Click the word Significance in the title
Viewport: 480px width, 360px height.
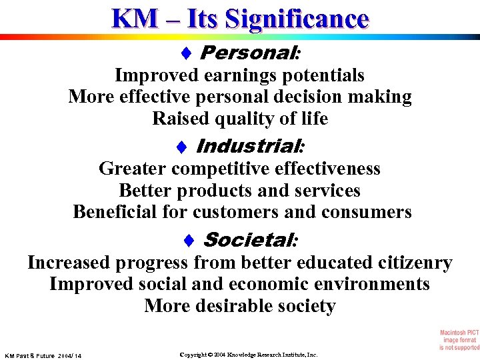pyautogui.click(x=297, y=18)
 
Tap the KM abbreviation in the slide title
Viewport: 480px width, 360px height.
pyautogui.click(x=133, y=18)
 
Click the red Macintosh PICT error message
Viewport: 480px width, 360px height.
pyautogui.click(x=459, y=340)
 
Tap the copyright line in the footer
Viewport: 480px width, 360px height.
pyautogui.click(x=249, y=355)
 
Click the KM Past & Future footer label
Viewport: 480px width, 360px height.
pyautogui.click(x=43, y=356)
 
